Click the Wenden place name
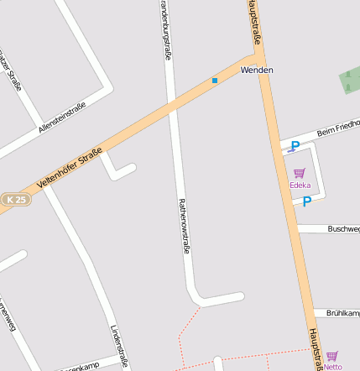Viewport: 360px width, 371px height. [x=256, y=70]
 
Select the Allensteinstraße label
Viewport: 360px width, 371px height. [x=62, y=118]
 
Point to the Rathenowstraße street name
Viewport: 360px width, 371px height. [x=184, y=225]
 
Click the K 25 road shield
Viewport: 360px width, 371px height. [x=14, y=200]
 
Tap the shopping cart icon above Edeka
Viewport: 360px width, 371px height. [x=300, y=173]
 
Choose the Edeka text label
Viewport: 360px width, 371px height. [x=300, y=185]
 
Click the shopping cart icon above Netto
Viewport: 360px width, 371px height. [x=332, y=356]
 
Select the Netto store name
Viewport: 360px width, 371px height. [x=332, y=367]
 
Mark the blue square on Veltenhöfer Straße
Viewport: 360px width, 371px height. [x=215, y=81]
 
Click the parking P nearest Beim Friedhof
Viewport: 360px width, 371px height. [x=295, y=147]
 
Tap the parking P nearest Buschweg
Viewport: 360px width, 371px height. [x=307, y=201]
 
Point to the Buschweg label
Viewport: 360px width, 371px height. [x=343, y=228]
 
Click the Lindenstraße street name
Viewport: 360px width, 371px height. [x=119, y=346]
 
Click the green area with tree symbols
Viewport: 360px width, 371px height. [x=350, y=80]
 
